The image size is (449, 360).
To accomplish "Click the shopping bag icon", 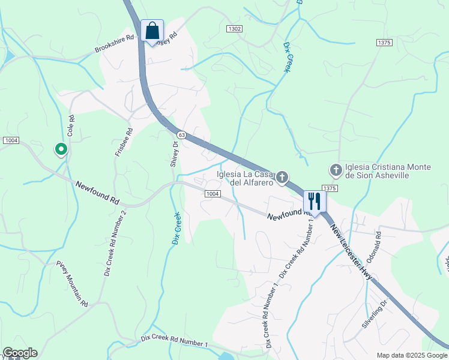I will (152, 31).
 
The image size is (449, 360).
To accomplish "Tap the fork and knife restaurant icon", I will (315, 201).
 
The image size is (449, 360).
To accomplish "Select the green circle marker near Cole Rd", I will (60, 148).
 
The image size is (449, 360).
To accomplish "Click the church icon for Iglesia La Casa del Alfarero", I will (282, 177).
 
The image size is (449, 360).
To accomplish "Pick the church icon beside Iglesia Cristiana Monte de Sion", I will (336, 171).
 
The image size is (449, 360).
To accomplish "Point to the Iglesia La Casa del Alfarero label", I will (245, 179).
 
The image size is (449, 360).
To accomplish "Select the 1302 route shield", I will (235, 29).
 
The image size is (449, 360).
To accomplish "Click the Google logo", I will (19, 353).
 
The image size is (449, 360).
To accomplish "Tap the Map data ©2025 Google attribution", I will (412, 355).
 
